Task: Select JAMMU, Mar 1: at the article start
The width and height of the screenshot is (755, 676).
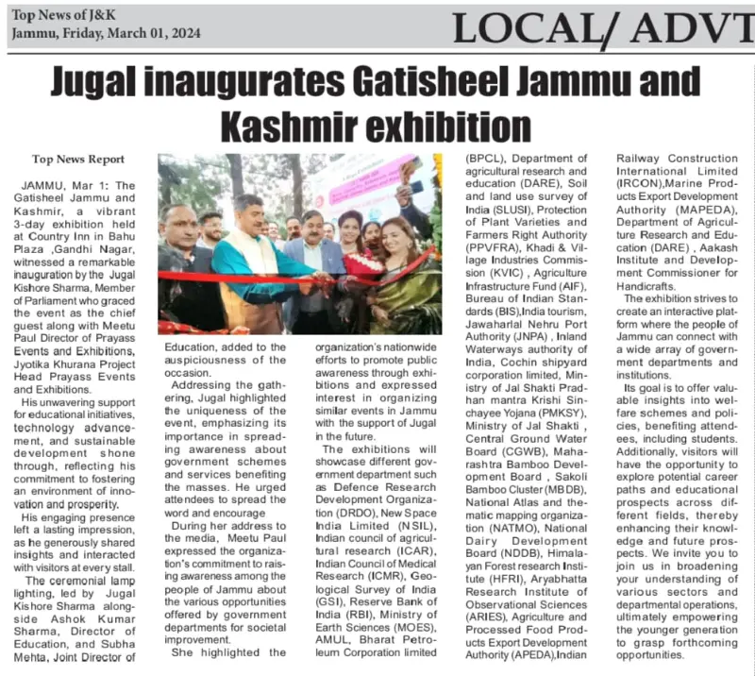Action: tap(65, 186)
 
